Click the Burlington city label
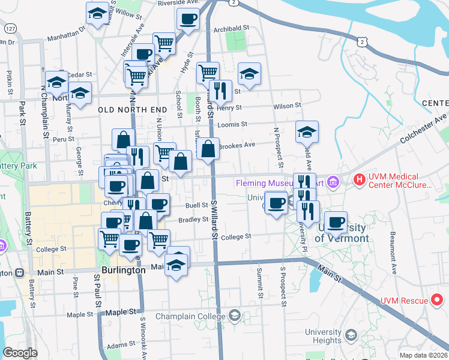(119, 270)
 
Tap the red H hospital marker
(359, 179)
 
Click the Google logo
(20, 353)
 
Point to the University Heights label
(323, 336)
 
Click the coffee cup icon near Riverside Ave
(188, 18)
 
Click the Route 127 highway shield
(10, 29)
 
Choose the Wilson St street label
(287, 106)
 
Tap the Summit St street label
(260, 283)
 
